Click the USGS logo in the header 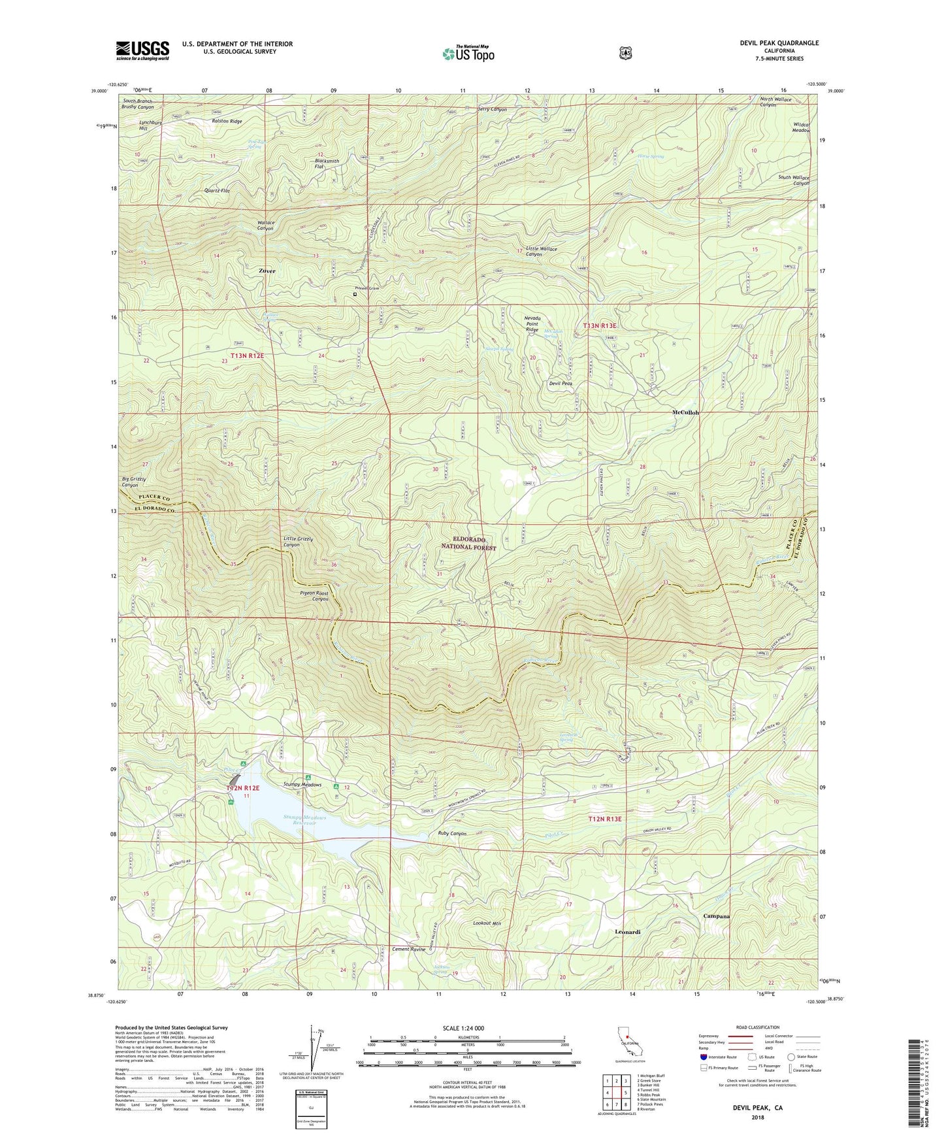click(x=142, y=50)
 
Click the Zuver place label click(x=267, y=271)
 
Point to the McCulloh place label click(x=685, y=412)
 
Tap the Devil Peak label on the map click(x=561, y=384)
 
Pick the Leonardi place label click(x=627, y=931)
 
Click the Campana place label click(x=716, y=916)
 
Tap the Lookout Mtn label click(x=486, y=923)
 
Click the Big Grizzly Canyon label click(x=134, y=482)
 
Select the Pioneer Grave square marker click(x=355, y=294)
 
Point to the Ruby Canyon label click(x=451, y=833)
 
